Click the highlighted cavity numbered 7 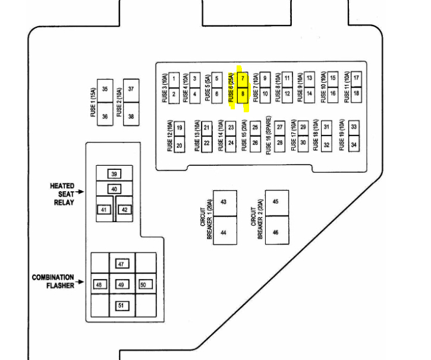[243, 79]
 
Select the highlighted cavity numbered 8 [243, 94]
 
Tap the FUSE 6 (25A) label [231, 87]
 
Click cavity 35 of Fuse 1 [105, 90]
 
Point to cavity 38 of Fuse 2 [131, 116]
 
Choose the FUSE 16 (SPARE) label [269, 135]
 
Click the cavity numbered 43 [224, 203]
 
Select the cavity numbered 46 [276, 232]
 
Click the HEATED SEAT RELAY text [62, 194]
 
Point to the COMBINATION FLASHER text [53, 281]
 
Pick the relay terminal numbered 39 [114, 174]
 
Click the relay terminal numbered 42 [125, 209]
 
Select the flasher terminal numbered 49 [121, 285]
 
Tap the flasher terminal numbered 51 [121, 305]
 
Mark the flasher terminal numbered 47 [121, 264]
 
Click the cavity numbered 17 [356, 78]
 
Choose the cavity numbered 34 [354, 144]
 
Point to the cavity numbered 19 [180, 127]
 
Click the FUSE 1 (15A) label [93, 103]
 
